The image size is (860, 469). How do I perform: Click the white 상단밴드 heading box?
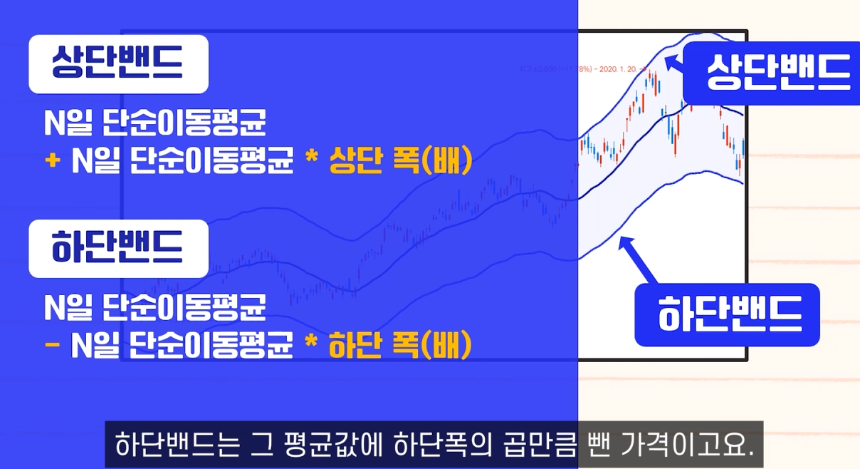click(x=118, y=64)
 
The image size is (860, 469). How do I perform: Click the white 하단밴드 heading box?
click(x=118, y=248)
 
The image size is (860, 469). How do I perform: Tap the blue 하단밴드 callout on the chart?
click(x=727, y=314)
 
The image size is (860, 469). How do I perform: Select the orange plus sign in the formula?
click(x=52, y=162)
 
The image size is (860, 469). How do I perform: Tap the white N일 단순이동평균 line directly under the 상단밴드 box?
click(x=154, y=125)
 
